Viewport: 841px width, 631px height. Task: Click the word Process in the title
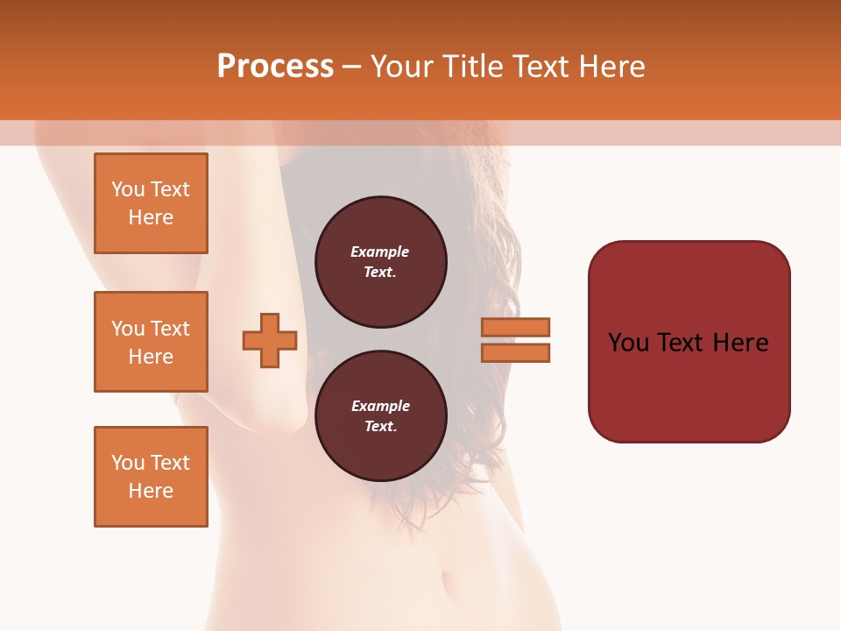tap(275, 66)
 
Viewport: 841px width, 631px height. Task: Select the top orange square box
tap(151, 203)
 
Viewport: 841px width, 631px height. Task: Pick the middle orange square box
tap(151, 342)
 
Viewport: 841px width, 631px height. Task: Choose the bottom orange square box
tap(151, 477)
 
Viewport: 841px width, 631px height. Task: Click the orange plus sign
tap(270, 340)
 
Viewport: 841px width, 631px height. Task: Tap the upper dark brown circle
tap(380, 262)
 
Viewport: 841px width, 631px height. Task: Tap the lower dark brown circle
tap(380, 416)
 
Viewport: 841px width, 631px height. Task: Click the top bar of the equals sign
tap(515, 327)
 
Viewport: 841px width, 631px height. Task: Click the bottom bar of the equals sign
tap(515, 352)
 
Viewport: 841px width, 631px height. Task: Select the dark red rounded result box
tap(689, 341)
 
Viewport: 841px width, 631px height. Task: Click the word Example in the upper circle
tap(380, 252)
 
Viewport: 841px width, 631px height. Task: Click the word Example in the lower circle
tap(380, 406)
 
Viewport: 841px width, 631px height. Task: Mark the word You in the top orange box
tap(128, 189)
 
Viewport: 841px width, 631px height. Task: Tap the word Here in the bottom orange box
tap(151, 491)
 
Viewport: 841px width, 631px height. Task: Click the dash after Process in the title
tap(352, 67)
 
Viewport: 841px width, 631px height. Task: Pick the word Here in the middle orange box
tap(151, 357)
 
